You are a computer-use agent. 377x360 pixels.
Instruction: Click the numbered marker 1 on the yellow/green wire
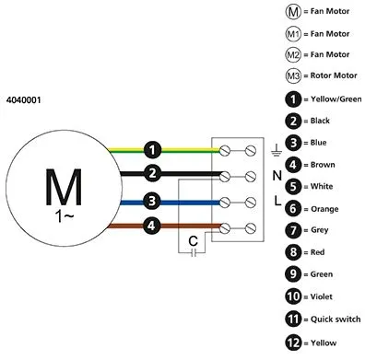(x=152, y=150)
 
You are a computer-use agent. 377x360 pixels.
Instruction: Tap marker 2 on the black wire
(x=152, y=173)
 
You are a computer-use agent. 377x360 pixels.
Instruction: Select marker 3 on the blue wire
(x=152, y=202)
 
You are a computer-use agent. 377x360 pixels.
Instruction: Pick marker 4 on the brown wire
(x=151, y=226)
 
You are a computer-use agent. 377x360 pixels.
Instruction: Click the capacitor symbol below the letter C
(x=194, y=253)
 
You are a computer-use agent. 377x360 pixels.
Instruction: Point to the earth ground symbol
(x=277, y=150)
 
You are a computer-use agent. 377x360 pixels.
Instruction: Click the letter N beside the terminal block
(x=277, y=176)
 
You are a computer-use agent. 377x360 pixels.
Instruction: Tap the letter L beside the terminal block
(x=277, y=201)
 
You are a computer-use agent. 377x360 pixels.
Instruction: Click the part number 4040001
(x=23, y=100)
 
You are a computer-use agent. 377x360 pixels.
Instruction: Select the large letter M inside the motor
(x=64, y=187)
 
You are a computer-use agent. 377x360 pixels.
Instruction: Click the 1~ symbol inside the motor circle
(x=65, y=216)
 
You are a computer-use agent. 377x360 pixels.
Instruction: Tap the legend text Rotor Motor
(x=334, y=75)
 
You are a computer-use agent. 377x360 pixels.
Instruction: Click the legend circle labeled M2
(x=293, y=55)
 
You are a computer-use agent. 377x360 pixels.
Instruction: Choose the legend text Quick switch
(x=336, y=319)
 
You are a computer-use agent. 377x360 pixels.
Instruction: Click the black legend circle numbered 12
(x=293, y=343)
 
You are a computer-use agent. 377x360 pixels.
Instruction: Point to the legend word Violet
(x=322, y=296)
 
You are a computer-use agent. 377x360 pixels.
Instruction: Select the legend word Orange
(x=324, y=209)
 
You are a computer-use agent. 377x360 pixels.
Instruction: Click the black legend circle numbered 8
(x=293, y=252)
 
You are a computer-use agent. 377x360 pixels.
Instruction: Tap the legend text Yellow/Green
(x=336, y=99)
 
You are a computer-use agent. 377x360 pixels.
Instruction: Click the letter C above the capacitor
(x=194, y=241)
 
